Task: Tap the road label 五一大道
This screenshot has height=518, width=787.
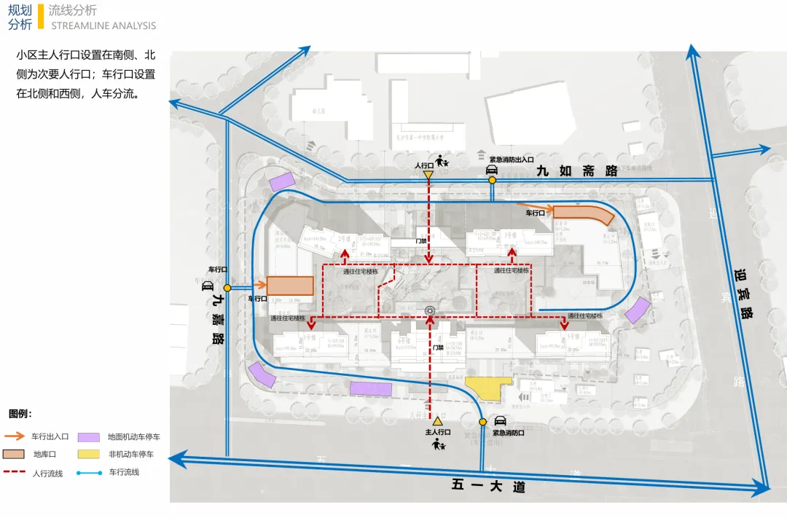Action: click(x=488, y=486)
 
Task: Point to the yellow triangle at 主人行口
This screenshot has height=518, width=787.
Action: click(x=437, y=421)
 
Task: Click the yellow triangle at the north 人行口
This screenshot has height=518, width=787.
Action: click(x=428, y=175)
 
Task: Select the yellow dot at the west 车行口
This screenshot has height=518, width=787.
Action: click(x=227, y=288)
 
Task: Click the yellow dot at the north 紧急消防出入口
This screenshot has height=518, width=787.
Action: click(x=492, y=180)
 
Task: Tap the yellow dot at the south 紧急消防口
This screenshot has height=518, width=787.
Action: click(x=482, y=422)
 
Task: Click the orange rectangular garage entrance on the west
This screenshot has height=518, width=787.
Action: click(x=289, y=286)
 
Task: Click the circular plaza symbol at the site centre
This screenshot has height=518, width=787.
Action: click(x=430, y=311)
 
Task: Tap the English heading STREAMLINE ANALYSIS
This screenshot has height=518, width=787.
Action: click(x=103, y=25)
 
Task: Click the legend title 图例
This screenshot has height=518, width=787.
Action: click(x=20, y=414)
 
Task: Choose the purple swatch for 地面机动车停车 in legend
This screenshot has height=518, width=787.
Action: click(x=89, y=437)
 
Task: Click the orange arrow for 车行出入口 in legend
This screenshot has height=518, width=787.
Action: click(x=16, y=436)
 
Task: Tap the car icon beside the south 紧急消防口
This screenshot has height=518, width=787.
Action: click(x=500, y=420)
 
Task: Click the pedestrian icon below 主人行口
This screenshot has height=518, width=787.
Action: click(x=439, y=444)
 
